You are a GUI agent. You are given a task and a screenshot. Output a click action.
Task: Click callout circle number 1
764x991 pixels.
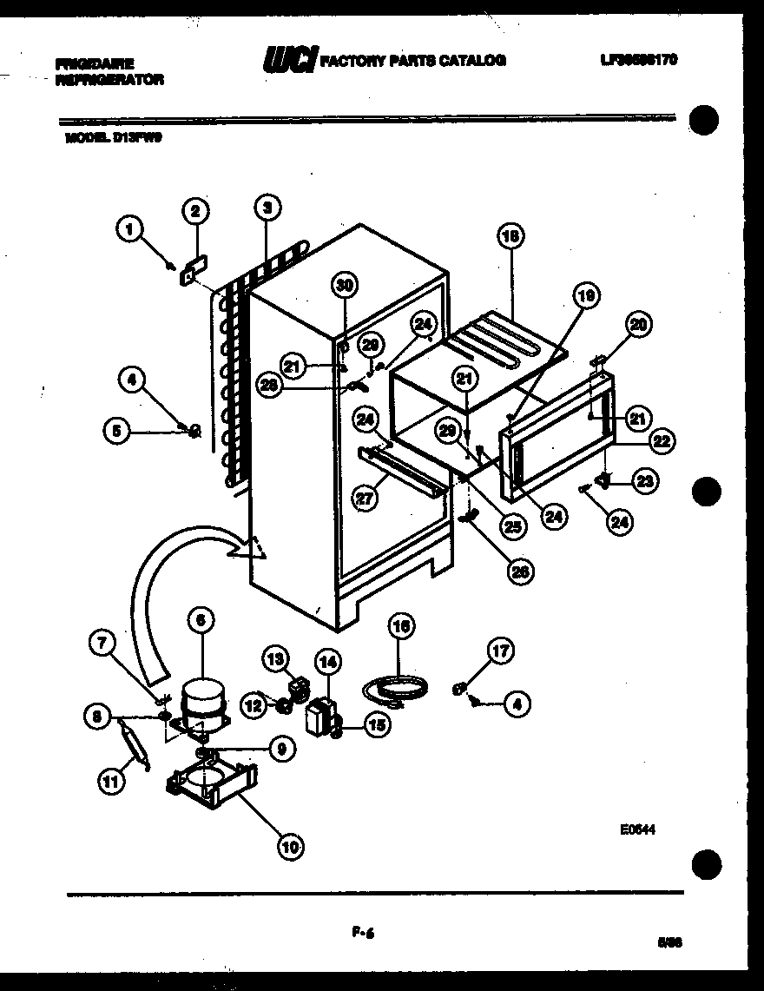[x=129, y=230]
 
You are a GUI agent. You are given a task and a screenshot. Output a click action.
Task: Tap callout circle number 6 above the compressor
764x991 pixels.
[x=200, y=619]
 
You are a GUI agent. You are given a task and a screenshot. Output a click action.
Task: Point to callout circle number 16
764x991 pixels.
[x=402, y=625]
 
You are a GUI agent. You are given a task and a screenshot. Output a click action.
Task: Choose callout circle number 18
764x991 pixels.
[x=510, y=235]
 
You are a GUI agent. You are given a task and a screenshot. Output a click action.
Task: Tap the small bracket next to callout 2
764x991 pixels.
[x=188, y=275]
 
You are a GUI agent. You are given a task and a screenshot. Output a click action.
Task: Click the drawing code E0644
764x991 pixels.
[x=636, y=829]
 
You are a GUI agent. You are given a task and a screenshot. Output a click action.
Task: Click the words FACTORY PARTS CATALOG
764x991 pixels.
[x=413, y=61]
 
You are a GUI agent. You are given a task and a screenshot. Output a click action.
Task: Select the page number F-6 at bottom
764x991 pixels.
[x=357, y=934]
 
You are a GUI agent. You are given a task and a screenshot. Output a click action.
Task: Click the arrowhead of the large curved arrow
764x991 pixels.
[x=250, y=547]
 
